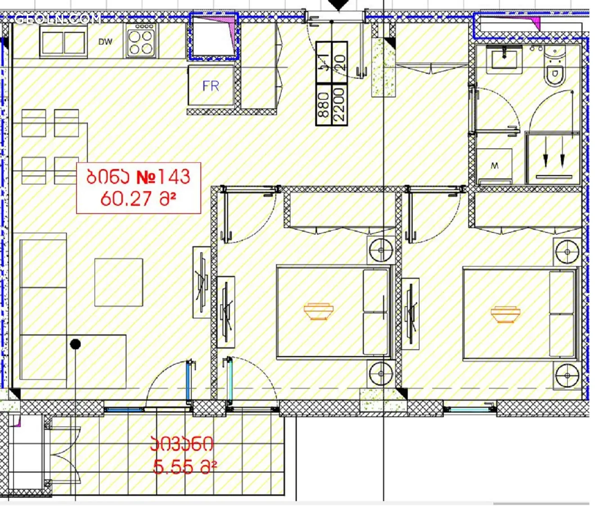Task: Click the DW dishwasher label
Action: [x=105, y=42]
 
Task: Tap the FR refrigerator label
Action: [x=211, y=86]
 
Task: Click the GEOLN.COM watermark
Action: [x=58, y=19]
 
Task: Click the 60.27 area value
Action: [x=126, y=199]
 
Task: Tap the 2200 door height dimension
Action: [x=340, y=104]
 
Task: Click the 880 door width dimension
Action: [x=324, y=105]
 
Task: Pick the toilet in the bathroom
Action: [x=554, y=67]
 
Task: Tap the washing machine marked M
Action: [x=494, y=166]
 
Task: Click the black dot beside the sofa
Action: [x=76, y=344]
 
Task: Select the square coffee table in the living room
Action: [x=119, y=282]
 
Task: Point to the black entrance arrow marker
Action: [x=339, y=5]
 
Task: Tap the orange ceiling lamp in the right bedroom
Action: [x=505, y=314]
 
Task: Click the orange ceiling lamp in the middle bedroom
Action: [x=318, y=311]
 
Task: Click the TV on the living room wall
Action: [x=202, y=282]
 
